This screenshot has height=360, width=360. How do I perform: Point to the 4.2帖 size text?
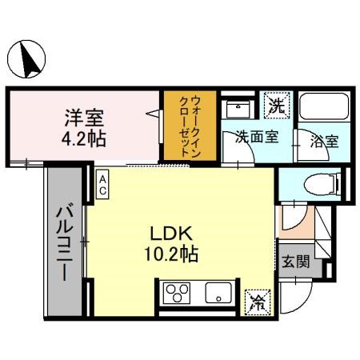pos(86,137)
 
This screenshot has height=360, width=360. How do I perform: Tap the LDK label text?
pos(170,235)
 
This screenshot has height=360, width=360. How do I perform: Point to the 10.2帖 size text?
pos(170,255)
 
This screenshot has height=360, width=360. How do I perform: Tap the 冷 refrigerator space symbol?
pos(258,301)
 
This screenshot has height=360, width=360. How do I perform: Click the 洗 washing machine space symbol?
pos(276,104)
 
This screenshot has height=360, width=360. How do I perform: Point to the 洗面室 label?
pos(256,137)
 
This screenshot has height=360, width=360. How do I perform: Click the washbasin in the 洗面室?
pos(237,107)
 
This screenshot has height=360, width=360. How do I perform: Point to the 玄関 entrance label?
pos(295,262)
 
